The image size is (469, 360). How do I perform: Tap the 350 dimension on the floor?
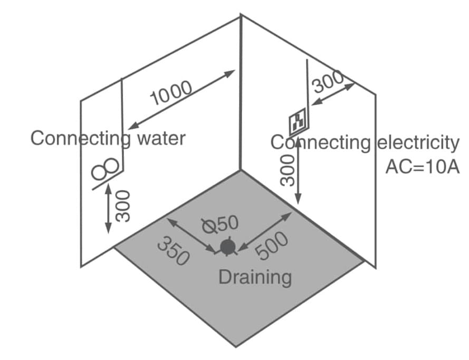[x=174, y=250]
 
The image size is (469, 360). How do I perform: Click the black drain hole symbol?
[x=228, y=246]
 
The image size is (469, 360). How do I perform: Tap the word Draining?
[x=255, y=276]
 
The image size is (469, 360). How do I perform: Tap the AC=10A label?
[x=423, y=167]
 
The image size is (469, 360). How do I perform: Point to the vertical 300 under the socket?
[x=286, y=171]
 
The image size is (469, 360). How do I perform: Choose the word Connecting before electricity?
[x=321, y=142]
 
